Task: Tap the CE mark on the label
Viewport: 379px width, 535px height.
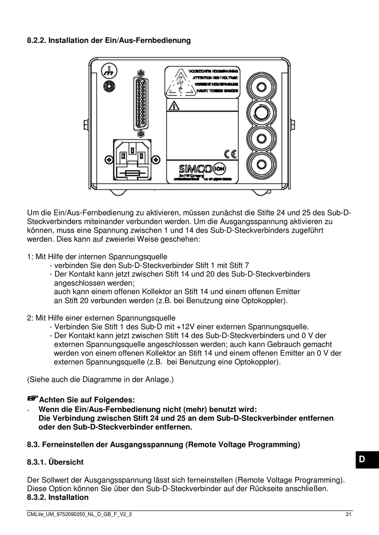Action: (230, 154)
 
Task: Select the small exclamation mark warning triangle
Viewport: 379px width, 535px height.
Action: (174, 106)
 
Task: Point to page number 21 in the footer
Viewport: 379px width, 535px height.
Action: (349, 514)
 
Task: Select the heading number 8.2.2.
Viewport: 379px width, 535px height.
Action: (36, 40)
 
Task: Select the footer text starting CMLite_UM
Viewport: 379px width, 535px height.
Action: (79, 514)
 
